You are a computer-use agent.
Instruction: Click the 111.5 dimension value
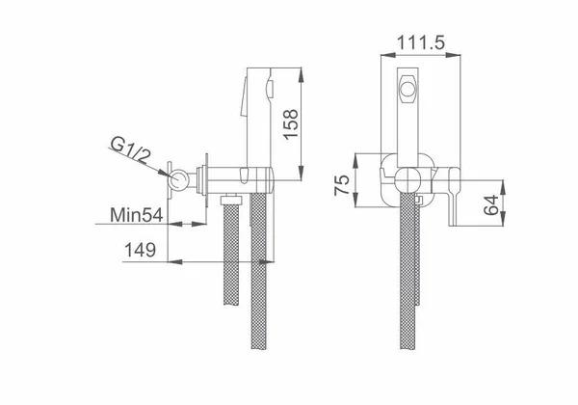(x=421, y=42)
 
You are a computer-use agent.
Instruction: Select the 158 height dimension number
(x=291, y=124)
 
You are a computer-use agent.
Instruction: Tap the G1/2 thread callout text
(x=131, y=149)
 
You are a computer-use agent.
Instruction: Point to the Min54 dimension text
(x=137, y=215)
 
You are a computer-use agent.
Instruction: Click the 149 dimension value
(x=140, y=250)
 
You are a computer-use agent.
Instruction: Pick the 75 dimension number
(x=341, y=185)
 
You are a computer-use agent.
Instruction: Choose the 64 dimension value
(x=490, y=205)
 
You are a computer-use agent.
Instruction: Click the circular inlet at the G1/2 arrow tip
(x=179, y=179)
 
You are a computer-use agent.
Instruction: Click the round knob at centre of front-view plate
(x=408, y=180)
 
